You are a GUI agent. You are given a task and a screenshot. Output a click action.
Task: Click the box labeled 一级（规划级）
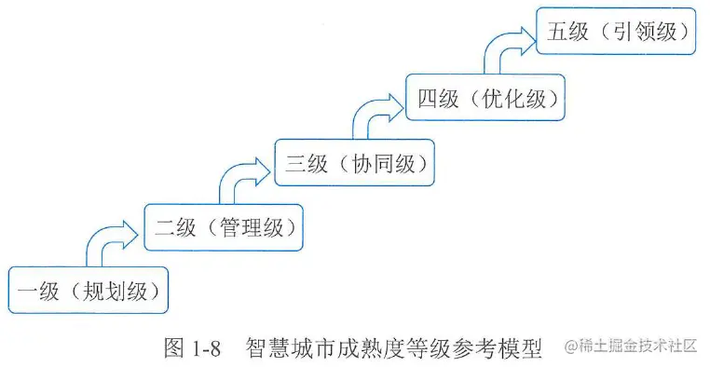click(x=91, y=291)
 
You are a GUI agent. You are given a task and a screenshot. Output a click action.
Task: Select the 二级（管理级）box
click(x=225, y=227)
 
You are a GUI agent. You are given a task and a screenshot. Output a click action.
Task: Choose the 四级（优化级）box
click(x=485, y=98)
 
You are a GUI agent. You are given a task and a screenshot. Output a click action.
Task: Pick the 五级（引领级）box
click(x=616, y=31)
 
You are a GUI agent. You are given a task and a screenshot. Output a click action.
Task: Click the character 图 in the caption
click(x=174, y=349)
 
